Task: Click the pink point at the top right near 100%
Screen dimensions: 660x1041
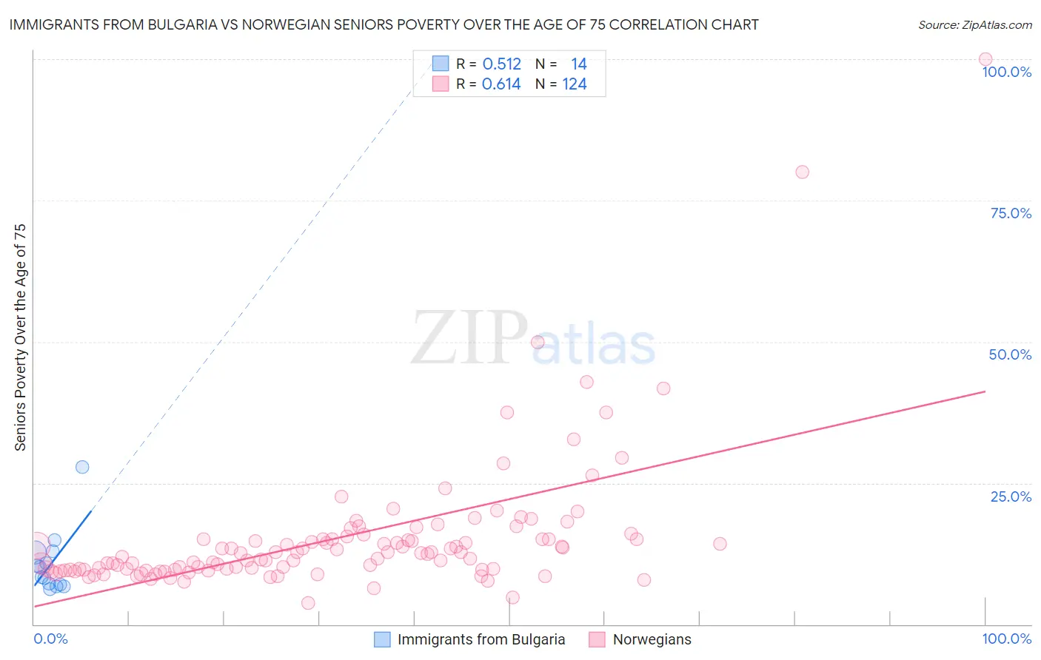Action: click(985, 59)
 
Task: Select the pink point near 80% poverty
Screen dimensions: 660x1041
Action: click(802, 172)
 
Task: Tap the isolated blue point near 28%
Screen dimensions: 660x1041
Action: click(82, 467)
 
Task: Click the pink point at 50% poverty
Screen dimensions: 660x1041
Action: click(538, 342)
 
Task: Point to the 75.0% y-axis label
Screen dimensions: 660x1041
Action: click(1011, 213)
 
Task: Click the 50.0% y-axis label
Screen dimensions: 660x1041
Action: click(1010, 354)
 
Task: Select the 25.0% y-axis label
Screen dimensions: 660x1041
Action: click(1011, 496)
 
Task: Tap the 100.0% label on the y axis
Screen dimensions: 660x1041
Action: click(1006, 72)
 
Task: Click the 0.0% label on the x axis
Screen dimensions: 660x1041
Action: click(50, 639)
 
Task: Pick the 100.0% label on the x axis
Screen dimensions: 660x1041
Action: click(1006, 639)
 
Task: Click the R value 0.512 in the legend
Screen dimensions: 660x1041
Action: click(501, 64)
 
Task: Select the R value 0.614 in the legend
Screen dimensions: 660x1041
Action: click(501, 84)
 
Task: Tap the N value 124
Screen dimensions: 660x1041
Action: click(574, 84)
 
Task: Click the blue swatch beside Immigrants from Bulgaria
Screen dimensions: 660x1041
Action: click(382, 639)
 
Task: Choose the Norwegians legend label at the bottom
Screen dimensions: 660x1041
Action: click(652, 639)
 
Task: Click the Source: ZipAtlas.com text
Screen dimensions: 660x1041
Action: click(974, 25)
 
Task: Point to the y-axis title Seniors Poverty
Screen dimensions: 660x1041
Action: click(20, 337)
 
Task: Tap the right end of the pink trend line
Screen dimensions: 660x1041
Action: click(985, 391)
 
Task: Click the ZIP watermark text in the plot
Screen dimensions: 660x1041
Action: click(469, 339)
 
